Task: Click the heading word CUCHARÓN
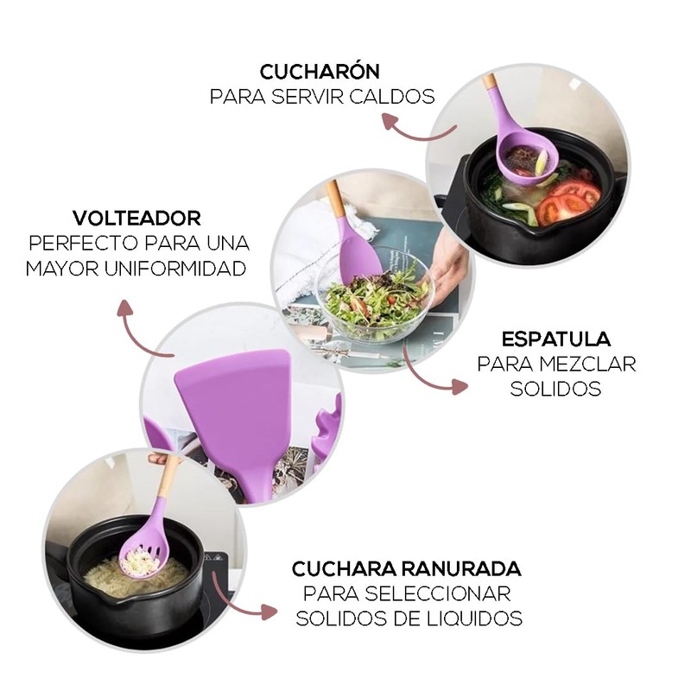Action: coord(320,71)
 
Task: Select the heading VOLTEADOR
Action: coord(136,218)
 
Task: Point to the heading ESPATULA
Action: coord(556,339)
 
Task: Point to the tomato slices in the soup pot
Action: coord(567,201)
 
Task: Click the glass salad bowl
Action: coord(375,298)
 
